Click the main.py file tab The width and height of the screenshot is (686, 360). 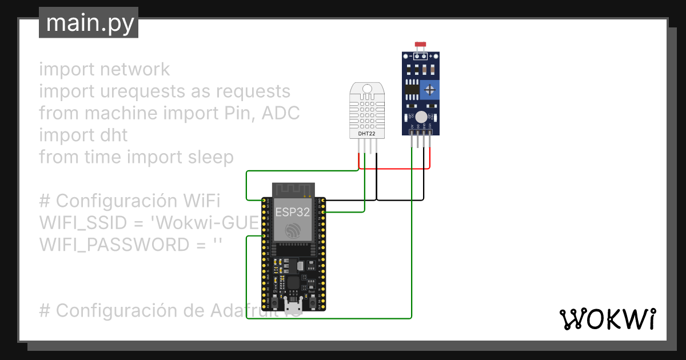[89, 23]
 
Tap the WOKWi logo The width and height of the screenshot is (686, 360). [607, 319]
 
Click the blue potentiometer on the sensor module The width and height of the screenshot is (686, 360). [429, 90]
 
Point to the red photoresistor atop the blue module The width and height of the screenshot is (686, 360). [421, 45]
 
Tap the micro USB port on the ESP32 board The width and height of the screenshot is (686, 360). [293, 301]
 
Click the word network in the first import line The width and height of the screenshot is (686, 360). [134, 69]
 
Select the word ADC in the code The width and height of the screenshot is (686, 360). [281, 113]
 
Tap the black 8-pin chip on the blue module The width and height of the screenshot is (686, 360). [410, 89]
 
